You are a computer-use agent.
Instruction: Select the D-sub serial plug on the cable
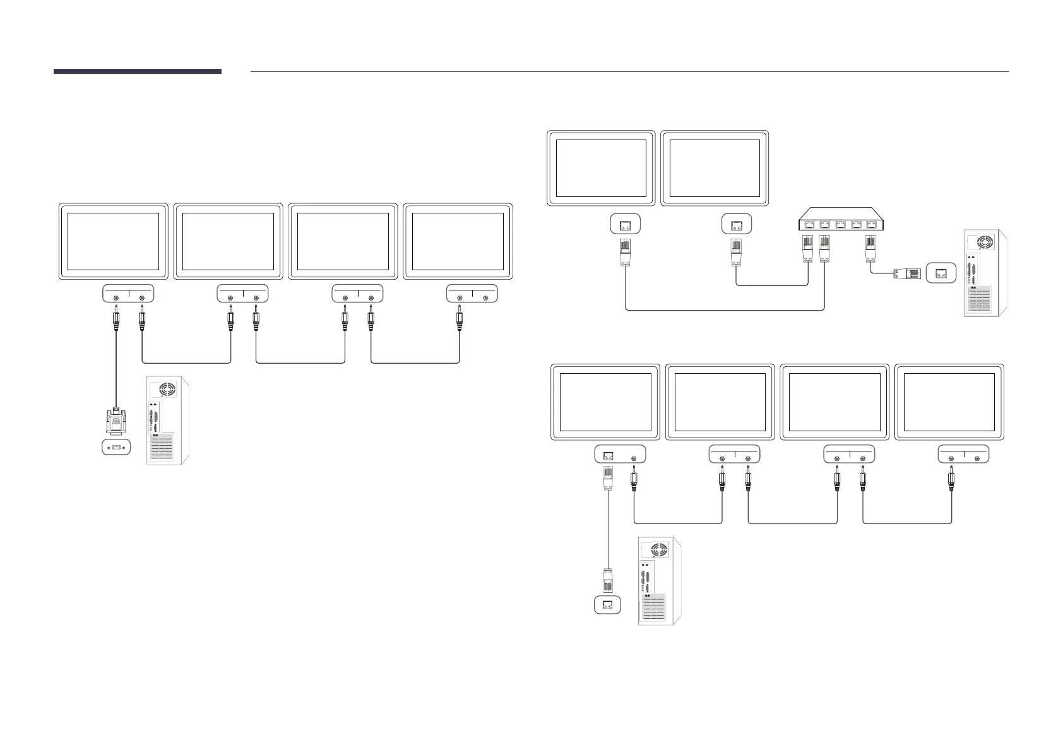point(116,420)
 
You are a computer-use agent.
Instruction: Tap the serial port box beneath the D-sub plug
point(116,448)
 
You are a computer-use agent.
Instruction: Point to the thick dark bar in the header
point(137,71)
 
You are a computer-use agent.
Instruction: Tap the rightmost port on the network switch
point(871,223)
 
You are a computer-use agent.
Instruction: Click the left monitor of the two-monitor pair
point(601,168)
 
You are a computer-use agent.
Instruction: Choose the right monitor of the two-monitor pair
point(715,168)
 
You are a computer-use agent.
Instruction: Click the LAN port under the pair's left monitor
point(626,224)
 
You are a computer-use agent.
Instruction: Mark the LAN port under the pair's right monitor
point(736,224)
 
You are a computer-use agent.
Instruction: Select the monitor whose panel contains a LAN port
point(605,402)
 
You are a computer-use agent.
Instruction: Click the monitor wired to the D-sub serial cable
point(113,241)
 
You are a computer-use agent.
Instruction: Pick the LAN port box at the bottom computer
point(607,605)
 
